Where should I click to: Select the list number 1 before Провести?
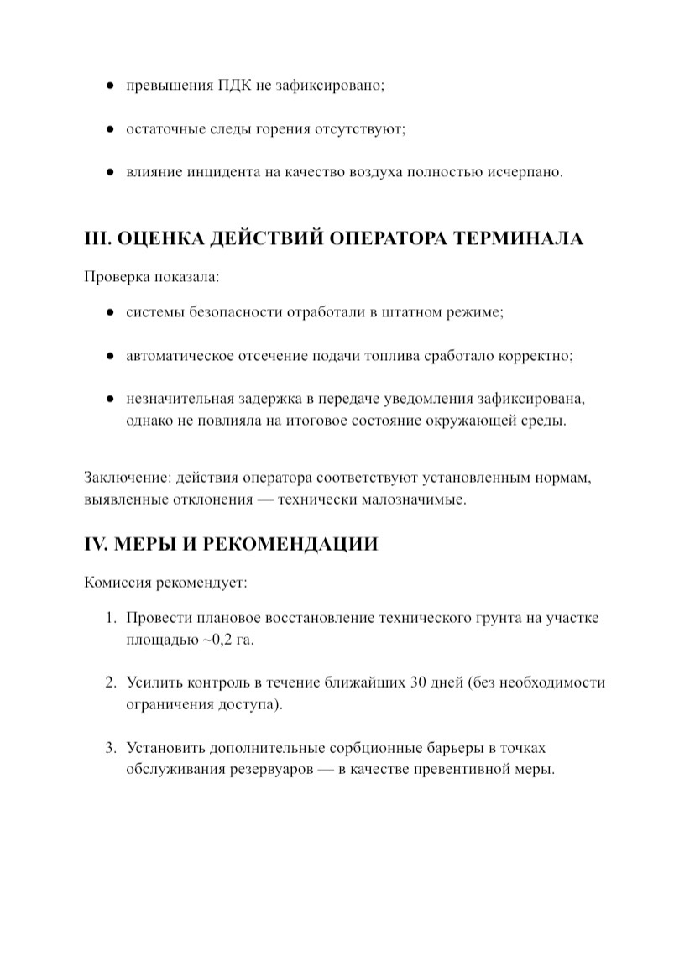(x=109, y=619)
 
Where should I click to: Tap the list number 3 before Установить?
(x=109, y=747)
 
